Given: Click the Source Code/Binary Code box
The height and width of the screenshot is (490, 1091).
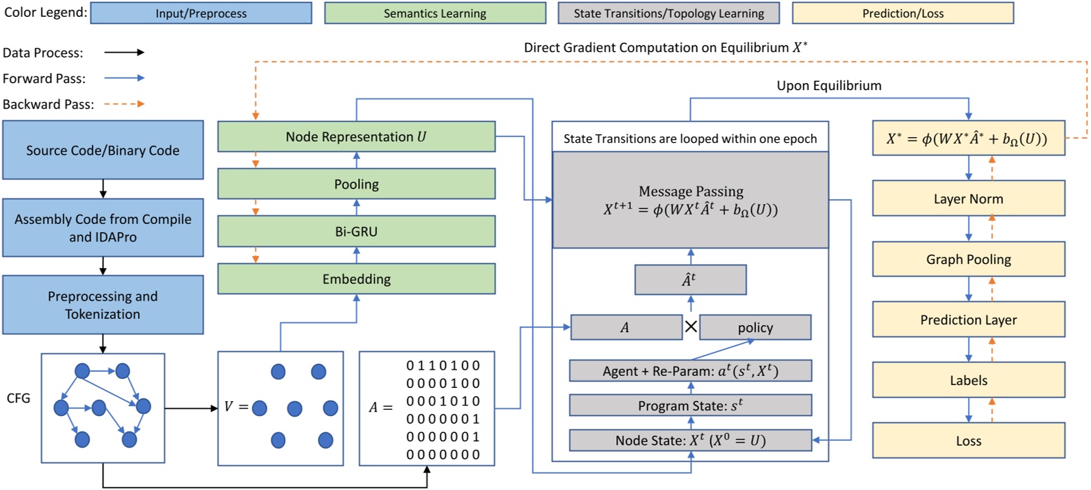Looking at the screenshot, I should coord(102,150).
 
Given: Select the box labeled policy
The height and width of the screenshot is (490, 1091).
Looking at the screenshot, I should coord(755,327).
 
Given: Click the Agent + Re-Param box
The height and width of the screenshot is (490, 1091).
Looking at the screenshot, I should coord(690,370).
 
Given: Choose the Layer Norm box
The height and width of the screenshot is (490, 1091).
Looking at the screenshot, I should coord(969,199).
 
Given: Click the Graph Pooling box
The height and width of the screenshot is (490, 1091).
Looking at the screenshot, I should coord(969,259).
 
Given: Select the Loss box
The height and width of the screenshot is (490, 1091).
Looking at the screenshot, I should coord(969,441).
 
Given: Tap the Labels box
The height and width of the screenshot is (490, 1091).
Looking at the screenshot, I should coord(969,380).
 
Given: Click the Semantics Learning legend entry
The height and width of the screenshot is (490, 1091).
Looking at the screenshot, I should coord(435,13).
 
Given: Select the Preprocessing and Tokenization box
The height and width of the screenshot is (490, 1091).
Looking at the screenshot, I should coord(102,305).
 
